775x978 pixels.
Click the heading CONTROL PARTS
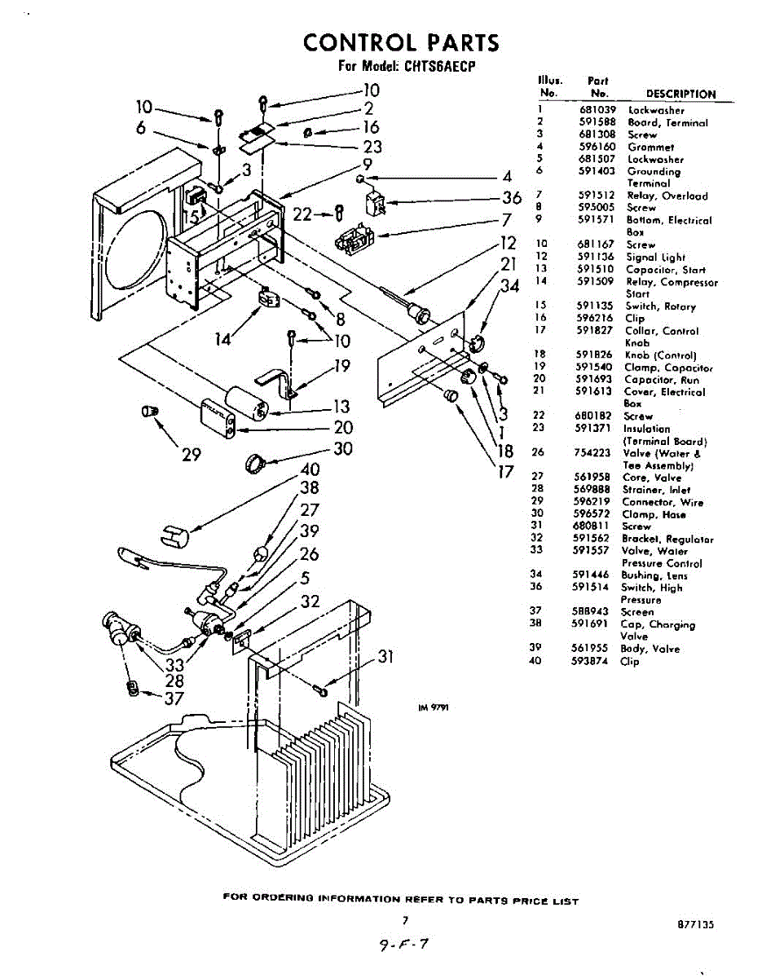point(401,42)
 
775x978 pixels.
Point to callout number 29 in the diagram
point(191,455)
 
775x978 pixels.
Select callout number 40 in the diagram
point(310,469)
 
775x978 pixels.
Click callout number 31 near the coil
point(385,658)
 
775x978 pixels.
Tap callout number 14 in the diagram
point(223,339)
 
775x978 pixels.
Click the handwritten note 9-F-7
point(402,945)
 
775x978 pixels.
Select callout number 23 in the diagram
point(372,148)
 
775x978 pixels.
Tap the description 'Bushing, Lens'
point(653,575)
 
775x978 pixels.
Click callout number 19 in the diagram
point(341,366)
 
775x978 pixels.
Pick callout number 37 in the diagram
point(174,698)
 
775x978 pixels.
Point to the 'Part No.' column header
point(599,87)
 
